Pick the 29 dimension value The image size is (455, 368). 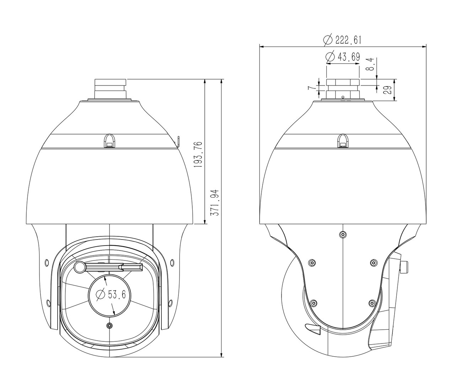[389, 89]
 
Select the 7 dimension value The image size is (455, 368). [311, 88]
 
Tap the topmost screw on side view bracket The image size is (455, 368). [342, 234]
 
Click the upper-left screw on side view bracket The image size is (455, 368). [312, 262]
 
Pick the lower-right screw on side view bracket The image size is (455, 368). [372, 303]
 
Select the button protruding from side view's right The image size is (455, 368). [404, 267]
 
